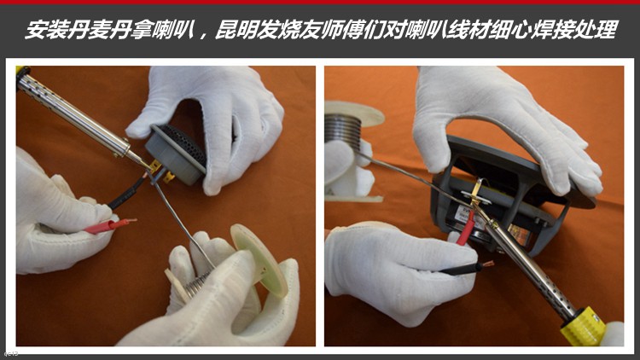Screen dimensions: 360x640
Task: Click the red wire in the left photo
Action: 109,226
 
